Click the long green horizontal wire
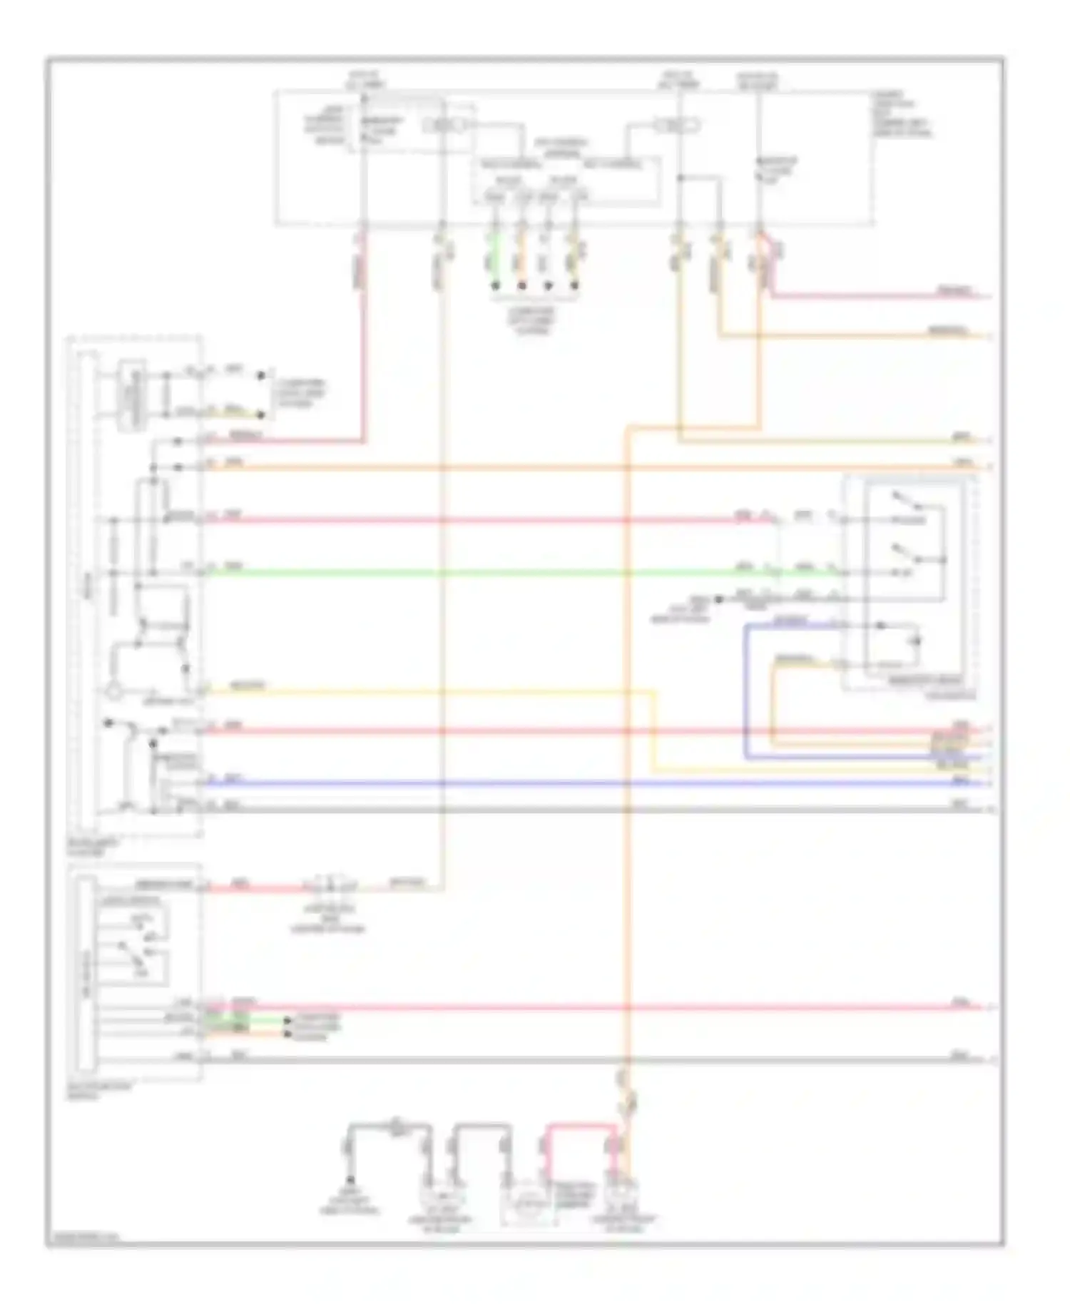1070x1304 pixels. coord(464,572)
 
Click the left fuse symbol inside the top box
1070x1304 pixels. coord(443,126)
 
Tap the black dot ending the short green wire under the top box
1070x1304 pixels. coord(494,286)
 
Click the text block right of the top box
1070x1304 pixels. coord(901,114)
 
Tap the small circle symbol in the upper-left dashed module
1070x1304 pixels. coord(113,691)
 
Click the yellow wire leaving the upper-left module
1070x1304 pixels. coord(428,691)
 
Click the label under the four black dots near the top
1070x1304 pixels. coord(534,320)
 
